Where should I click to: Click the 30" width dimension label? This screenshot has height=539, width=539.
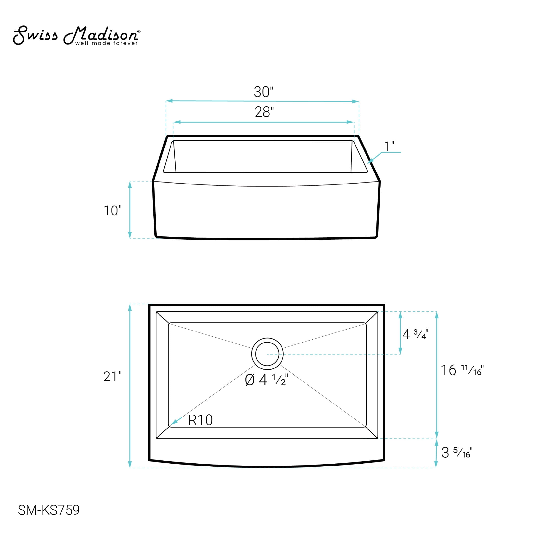[263, 92]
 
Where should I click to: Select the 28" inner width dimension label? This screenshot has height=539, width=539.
[264, 112]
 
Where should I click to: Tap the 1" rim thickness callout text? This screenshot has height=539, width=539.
[389, 147]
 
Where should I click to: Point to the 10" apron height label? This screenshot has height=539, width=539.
[112, 211]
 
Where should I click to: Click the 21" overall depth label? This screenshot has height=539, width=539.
[112, 377]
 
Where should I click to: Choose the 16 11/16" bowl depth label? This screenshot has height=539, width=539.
[462, 370]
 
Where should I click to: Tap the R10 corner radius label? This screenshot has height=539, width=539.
[200, 420]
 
